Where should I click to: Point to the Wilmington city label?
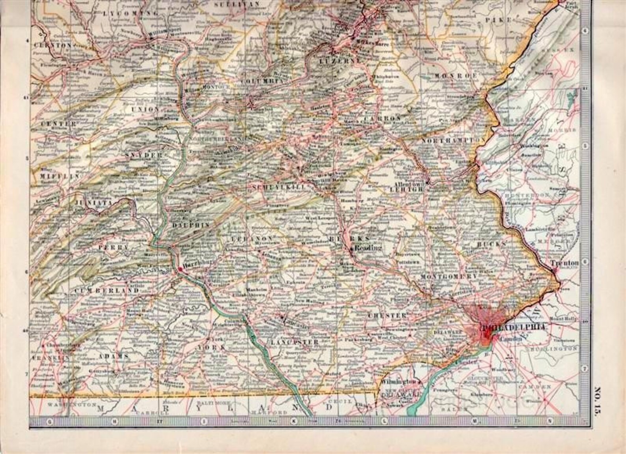[x=398, y=382]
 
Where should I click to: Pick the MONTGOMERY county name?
[x=449, y=277]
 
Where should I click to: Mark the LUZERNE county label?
[x=340, y=61]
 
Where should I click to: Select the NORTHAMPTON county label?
[x=453, y=140]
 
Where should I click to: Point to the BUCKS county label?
[x=491, y=244]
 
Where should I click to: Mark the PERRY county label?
[x=108, y=247]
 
